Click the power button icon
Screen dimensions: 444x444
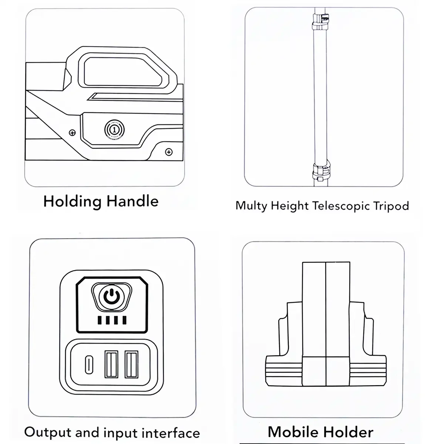click(x=111, y=296)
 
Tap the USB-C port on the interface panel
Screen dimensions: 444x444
click(x=89, y=365)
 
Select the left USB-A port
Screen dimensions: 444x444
click(x=111, y=364)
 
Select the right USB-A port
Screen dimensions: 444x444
click(x=131, y=364)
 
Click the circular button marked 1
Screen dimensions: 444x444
click(x=114, y=130)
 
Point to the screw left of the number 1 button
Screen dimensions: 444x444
click(x=73, y=133)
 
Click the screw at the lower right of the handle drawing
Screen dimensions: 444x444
click(x=169, y=152)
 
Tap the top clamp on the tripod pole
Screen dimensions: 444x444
click(x=320, y=22)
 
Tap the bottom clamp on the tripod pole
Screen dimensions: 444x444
click(x=321, y=171)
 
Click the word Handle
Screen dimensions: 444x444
click(x=132, y=201)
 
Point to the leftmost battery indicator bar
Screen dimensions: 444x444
click(x=100, y=320)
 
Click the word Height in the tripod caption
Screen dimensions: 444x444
click(x=290, y=206)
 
